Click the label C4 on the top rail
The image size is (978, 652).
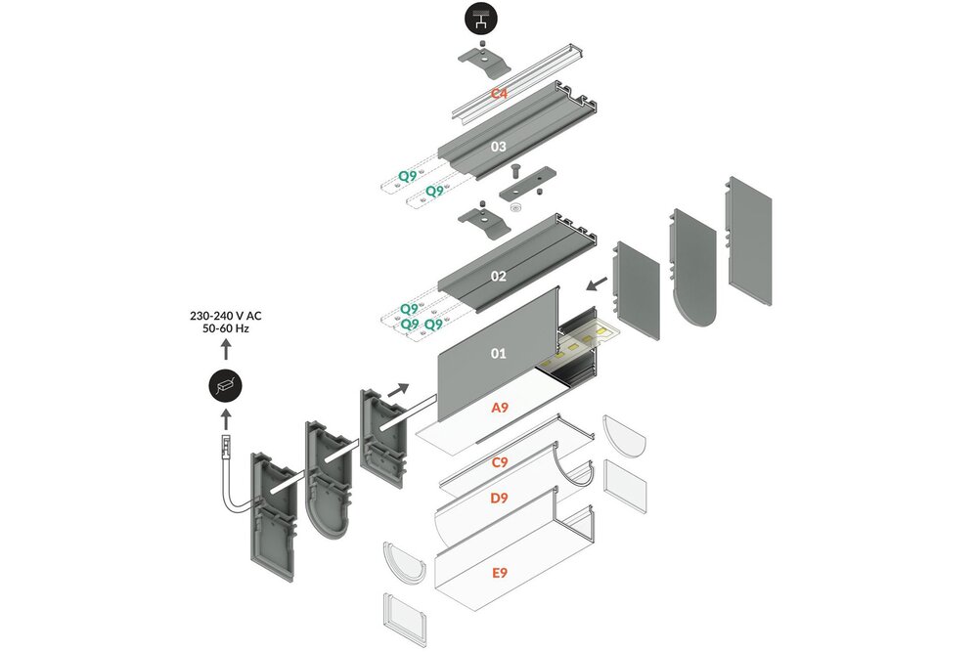pyautogui.click(x=499, y=94)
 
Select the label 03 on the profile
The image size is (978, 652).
pyautogui.click(x=499, y=147)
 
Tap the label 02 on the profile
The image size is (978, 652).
pyautogui.click(x=499, y=277)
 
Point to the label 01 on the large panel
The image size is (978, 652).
pyautogui.click(x=499, y=353)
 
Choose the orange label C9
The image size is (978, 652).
pyautogui.click(x=499, y=460)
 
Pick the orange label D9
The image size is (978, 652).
pyautogui.click(x=499, y=499)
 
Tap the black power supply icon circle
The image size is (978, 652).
pyautogui.click(x=225, y=385)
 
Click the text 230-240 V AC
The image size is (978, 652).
pyautogui.click(x=225, y=316)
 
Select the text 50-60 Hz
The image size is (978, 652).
pyautogui.click(x=225, y=330)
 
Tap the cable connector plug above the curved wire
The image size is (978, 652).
pyautogui.click(x=223, y=450)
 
